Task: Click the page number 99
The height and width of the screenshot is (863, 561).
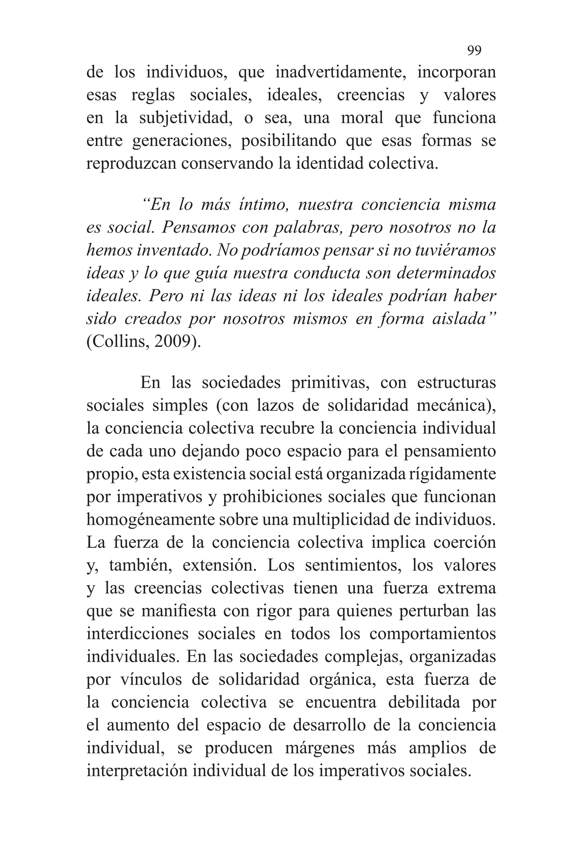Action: coord(474,50)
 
